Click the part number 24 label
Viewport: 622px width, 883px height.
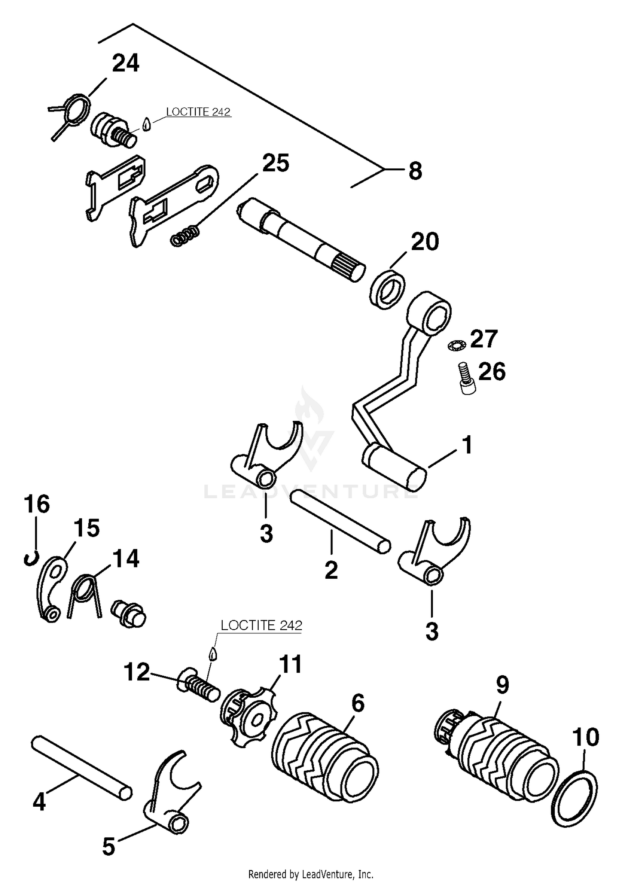[126, 64]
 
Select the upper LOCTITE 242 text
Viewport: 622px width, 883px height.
[198, 112]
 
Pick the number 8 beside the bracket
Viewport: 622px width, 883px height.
[415, 171]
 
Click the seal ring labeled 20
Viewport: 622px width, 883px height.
[388, 289]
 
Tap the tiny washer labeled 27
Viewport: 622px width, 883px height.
[457, 344]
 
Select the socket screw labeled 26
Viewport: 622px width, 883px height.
[467, 378]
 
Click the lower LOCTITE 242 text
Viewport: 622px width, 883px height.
[261, 625]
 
